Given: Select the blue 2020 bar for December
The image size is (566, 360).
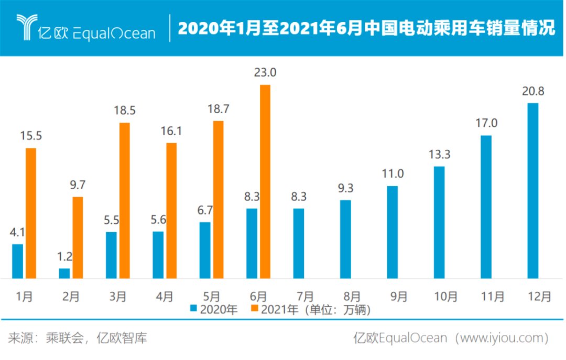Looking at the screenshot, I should [x=532, y=191].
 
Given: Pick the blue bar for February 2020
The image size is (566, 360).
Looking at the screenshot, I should [x=64, y=273].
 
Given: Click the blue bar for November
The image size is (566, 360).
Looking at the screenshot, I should [x=486, y=207].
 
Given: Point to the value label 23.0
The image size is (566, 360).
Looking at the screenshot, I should [x=265, y=73].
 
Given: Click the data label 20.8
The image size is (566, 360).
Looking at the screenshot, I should [x=532, y=92].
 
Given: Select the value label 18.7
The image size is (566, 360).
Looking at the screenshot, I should [x=218, y=110].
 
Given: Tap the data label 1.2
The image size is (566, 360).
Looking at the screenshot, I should [x=64, y=257].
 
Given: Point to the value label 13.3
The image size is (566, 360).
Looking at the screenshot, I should [x=439, y=155].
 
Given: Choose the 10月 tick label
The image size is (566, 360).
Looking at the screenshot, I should [x=445, y=297].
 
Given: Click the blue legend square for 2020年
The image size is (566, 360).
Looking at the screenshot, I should [x=193, y=310].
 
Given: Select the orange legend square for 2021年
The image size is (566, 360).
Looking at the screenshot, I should [x=255, y=310].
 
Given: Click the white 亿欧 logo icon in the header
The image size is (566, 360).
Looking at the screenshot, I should [x=26, y=27].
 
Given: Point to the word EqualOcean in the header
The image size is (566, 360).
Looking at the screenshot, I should [x=115, y=32].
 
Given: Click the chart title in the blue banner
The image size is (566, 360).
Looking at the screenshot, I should [x=366, y=28].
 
